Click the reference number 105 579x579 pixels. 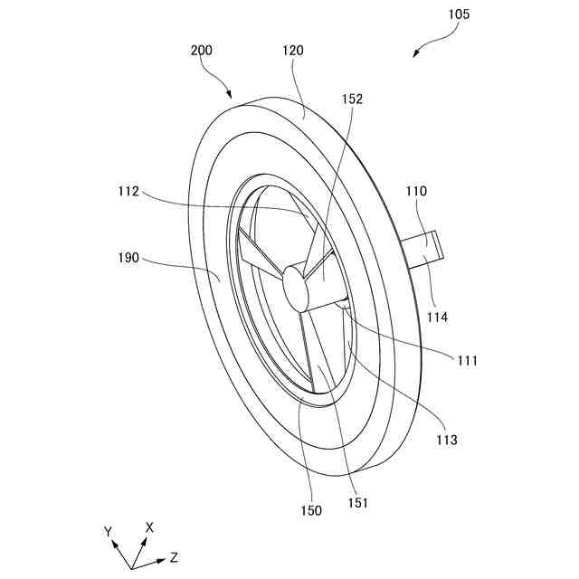click(458, 14)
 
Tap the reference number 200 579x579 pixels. click(201, 51)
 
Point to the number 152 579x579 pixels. click(352, 100)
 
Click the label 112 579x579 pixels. click(128, 191)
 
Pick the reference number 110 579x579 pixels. click(416, 192)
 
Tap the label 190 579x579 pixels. click(128, 258)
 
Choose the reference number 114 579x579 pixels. click(438, 317)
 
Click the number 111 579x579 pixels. click(467, 360)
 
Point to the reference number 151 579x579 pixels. click(357, 502)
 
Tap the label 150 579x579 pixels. click(310, 510)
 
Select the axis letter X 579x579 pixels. click(149, 527)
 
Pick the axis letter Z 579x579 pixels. click(173, 557)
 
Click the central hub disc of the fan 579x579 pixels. click(296, 287)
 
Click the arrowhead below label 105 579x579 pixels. click(416, 54)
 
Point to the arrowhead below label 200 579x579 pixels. click(230, 96)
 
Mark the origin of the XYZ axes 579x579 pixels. click(132, 568)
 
